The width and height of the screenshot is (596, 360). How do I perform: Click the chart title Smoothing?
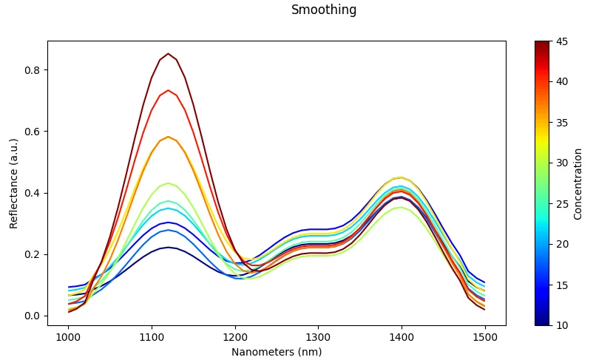pos(323,10)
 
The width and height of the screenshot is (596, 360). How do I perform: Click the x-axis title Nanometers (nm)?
pos(277,352)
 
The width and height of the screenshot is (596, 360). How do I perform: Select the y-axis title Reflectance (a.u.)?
pos(14,183)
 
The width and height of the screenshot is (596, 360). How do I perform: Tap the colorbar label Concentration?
pos(578,183)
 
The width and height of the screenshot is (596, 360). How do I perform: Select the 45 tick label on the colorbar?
pos(562,41)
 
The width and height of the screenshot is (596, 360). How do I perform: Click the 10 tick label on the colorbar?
pos(562,325)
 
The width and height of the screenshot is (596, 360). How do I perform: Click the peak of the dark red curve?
pos(168,54)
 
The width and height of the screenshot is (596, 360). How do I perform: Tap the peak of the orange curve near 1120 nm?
pos(169,137)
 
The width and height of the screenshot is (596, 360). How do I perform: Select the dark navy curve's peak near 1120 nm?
pos(168,248)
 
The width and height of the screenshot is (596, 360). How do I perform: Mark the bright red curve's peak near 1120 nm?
pos(168,90)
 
